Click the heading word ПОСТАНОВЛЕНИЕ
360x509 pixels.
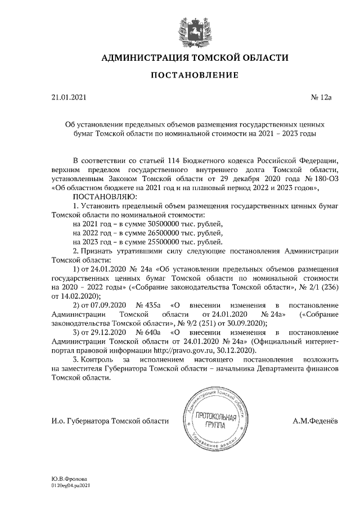point(194,75)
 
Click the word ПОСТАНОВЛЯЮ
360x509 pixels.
point(105,197)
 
